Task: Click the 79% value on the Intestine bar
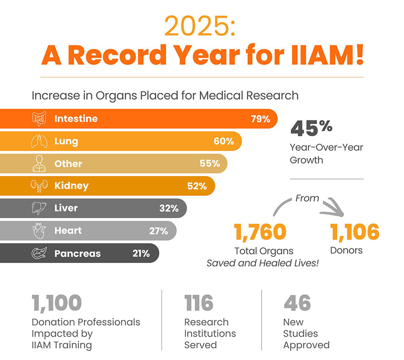tap(260, 119)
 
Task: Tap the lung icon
tap(39, 141)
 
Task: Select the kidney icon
tap(39, 186)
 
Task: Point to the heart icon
tap(39, 231)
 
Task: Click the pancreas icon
tap(39, 253)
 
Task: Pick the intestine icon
tap(39, 119)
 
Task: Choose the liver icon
tap(39, 208)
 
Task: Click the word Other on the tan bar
tap(68, 164)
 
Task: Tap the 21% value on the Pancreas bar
tap(141, 254)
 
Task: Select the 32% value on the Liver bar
tap(169, 208)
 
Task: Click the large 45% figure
tap(312, 128)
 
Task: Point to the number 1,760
tap(260, 232)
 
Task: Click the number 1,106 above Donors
tap(355, 232)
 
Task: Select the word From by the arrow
tap(307, 198)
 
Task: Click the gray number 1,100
tap(57, 303)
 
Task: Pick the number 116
tap(199, 303)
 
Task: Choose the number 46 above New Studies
tap(297, 303)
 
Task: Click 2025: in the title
tap(200, 26)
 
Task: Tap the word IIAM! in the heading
tap(328, 55)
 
